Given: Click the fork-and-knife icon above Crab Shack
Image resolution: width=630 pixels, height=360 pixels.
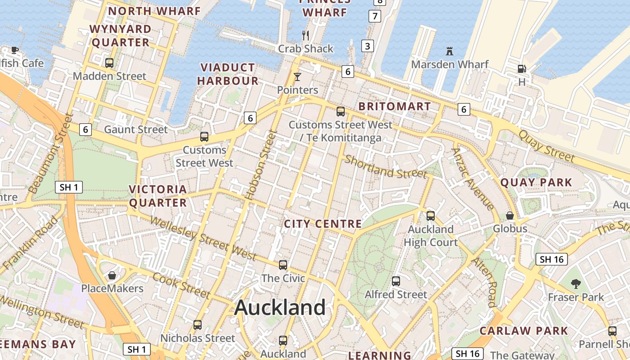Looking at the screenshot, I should click(x=306, y=35).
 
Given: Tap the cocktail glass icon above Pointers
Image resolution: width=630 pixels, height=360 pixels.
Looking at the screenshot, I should click(x=297, y=76).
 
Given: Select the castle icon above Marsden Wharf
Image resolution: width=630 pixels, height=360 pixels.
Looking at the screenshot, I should click(x=449, y=51).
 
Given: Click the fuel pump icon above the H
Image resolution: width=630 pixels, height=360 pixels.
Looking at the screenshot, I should click(x=522, y=69).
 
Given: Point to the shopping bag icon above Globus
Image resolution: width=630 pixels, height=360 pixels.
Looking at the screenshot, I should click(x=510, y=216).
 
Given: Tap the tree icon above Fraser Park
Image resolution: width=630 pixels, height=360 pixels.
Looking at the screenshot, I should click(x=576, y=283).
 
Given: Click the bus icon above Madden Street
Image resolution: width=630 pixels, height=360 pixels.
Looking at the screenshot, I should click(x=109, y=63).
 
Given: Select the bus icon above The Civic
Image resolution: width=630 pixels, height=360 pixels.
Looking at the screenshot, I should click(x=283, y=265).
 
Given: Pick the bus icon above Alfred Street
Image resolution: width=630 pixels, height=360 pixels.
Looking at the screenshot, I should click(x=396, y=281).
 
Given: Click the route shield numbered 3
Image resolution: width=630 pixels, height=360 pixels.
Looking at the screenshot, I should click(x=368, y=45).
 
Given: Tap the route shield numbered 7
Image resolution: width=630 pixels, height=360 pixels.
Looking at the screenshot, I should click(x=374, y=16).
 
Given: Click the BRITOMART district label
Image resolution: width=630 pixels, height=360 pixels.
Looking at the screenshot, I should click(x=394, y=107).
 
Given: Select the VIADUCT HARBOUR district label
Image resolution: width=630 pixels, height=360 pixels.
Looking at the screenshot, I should click(x=228, y=74).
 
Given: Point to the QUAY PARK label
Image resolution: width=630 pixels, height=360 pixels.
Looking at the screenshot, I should click(x=536, y=183).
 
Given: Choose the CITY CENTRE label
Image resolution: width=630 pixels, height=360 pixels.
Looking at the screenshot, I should click(x=323, y=224).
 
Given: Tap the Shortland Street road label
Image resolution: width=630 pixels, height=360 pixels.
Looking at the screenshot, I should click(x=385, y=167).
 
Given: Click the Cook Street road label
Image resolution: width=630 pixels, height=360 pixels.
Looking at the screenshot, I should click(x=181, y=286).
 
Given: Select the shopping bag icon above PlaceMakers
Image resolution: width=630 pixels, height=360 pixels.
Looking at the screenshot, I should click(x=112, y=275).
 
